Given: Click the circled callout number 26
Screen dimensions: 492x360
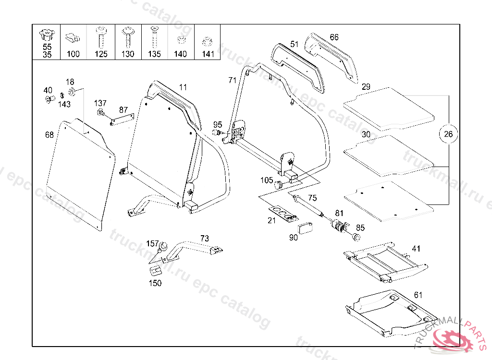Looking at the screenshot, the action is click(x=448, y=134).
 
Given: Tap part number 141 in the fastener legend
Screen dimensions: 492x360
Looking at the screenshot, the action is click(x=208, y=54).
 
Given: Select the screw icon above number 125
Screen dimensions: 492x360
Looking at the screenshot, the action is click(x=101, y=37).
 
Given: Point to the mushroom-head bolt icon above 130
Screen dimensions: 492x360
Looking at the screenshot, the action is click(x=128, y=37).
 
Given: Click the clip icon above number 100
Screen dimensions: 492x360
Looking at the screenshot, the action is click(x=73, y=38).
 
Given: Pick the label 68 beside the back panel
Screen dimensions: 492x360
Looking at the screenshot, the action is click(x=49, y=135).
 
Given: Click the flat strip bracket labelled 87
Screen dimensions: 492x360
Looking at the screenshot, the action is click(x=122, y=120).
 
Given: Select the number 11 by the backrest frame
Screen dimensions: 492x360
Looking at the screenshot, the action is click(x=183, y=87).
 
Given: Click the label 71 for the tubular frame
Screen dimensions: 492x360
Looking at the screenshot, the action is click(x=232, y=80).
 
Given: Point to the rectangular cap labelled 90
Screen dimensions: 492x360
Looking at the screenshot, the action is click(x=305, y=228).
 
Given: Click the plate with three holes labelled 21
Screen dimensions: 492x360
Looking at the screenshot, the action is click(x=283, y=214).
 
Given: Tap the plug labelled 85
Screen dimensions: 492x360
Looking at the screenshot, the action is click(x=356, y=237).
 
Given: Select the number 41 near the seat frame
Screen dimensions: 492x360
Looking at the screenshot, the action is click(x=416, y=249).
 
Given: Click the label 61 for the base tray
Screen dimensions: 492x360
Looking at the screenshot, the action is click(x=418, y=295).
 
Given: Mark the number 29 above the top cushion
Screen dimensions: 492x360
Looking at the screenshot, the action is click(x=366, y=87).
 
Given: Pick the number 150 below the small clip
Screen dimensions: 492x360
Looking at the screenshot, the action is click(x=155, y=283).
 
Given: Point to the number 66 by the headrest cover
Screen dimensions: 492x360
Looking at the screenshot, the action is click(x=334, y=37).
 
